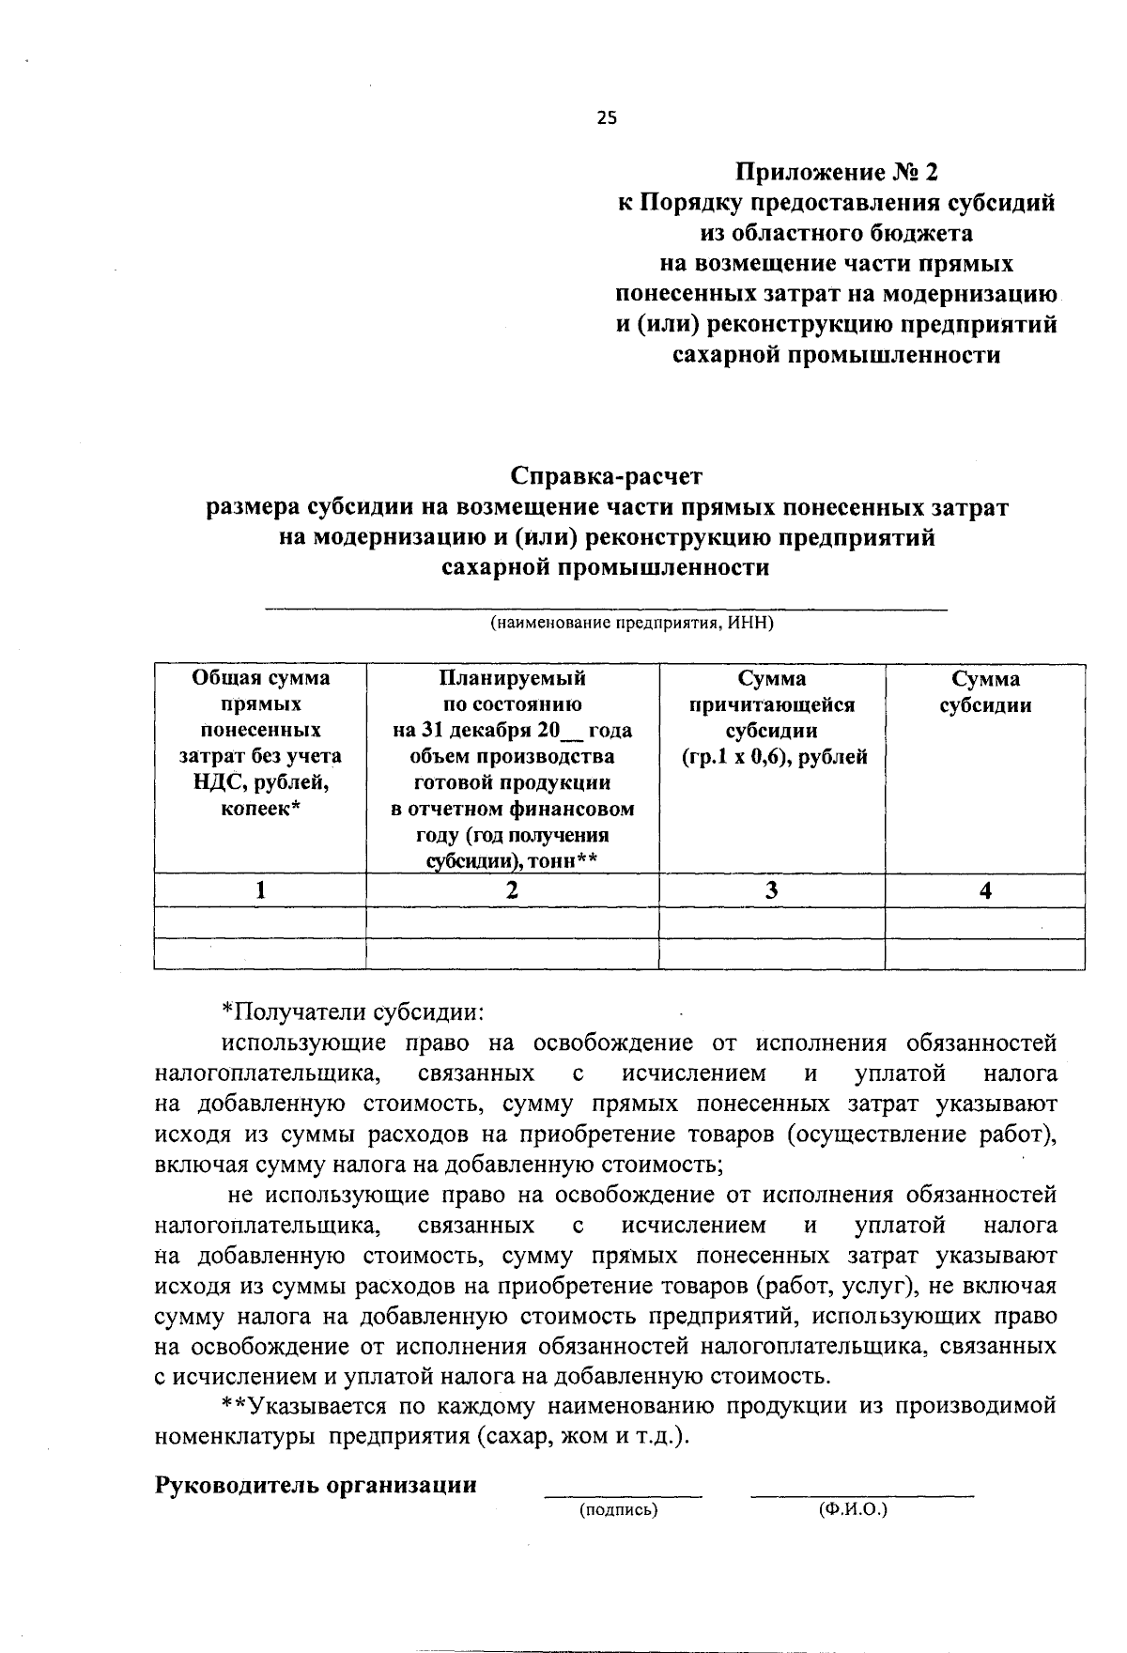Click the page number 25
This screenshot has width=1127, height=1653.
(607, 117)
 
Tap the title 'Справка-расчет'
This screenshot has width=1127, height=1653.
(606, 477)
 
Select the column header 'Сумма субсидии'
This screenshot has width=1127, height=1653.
(985, 692)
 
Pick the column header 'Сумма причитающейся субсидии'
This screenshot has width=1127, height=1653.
(772, 718)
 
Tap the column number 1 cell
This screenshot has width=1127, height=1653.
(260, 890)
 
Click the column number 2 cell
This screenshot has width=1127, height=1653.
(512, 890)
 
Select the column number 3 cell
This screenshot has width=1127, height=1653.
(771, 890)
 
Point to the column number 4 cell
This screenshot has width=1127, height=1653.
(985, 890)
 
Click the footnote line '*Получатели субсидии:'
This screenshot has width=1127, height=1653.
(353, 1012)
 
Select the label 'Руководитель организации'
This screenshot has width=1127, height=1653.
(316, 1485)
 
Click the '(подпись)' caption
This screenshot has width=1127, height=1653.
(617, 1509)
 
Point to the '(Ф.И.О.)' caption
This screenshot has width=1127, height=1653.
(853, 1509)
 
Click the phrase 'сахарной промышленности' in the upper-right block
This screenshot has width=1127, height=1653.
(836, 355)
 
